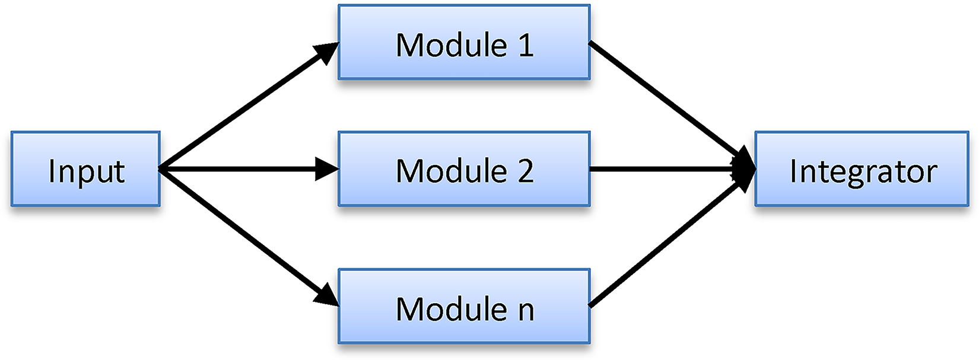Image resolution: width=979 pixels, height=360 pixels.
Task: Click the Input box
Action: point(85,168)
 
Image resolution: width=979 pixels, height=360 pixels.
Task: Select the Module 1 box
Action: point(464,42)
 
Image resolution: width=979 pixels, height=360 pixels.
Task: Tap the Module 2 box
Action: point(464,168)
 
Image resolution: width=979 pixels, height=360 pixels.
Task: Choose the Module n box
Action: point(464,306)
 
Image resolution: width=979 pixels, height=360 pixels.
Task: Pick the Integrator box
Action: point(862,168)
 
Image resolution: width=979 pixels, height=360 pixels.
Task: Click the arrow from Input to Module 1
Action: point(248,106)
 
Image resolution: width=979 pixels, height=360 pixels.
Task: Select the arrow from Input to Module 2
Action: point(248,169)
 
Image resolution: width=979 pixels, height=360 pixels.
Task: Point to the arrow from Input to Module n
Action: point(248,237)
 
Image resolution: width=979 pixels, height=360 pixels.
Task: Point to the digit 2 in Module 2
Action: point(526,170)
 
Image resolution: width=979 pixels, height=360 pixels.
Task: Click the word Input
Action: point(87,171)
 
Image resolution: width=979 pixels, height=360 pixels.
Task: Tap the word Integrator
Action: point(863,171)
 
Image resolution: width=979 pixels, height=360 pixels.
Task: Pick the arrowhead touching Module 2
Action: point(328,169)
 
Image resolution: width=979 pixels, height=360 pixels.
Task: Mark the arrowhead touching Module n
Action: point(326,295)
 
